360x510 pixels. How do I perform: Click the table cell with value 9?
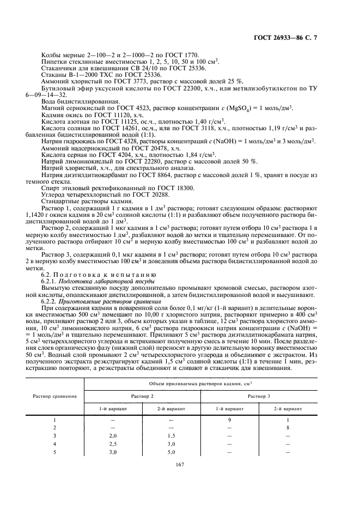229,420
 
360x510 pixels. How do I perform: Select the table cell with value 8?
287,428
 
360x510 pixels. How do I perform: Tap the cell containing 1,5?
171,436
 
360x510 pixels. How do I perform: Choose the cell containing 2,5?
113,444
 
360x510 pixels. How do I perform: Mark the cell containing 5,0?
171,452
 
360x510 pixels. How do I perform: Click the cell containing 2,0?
113,436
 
